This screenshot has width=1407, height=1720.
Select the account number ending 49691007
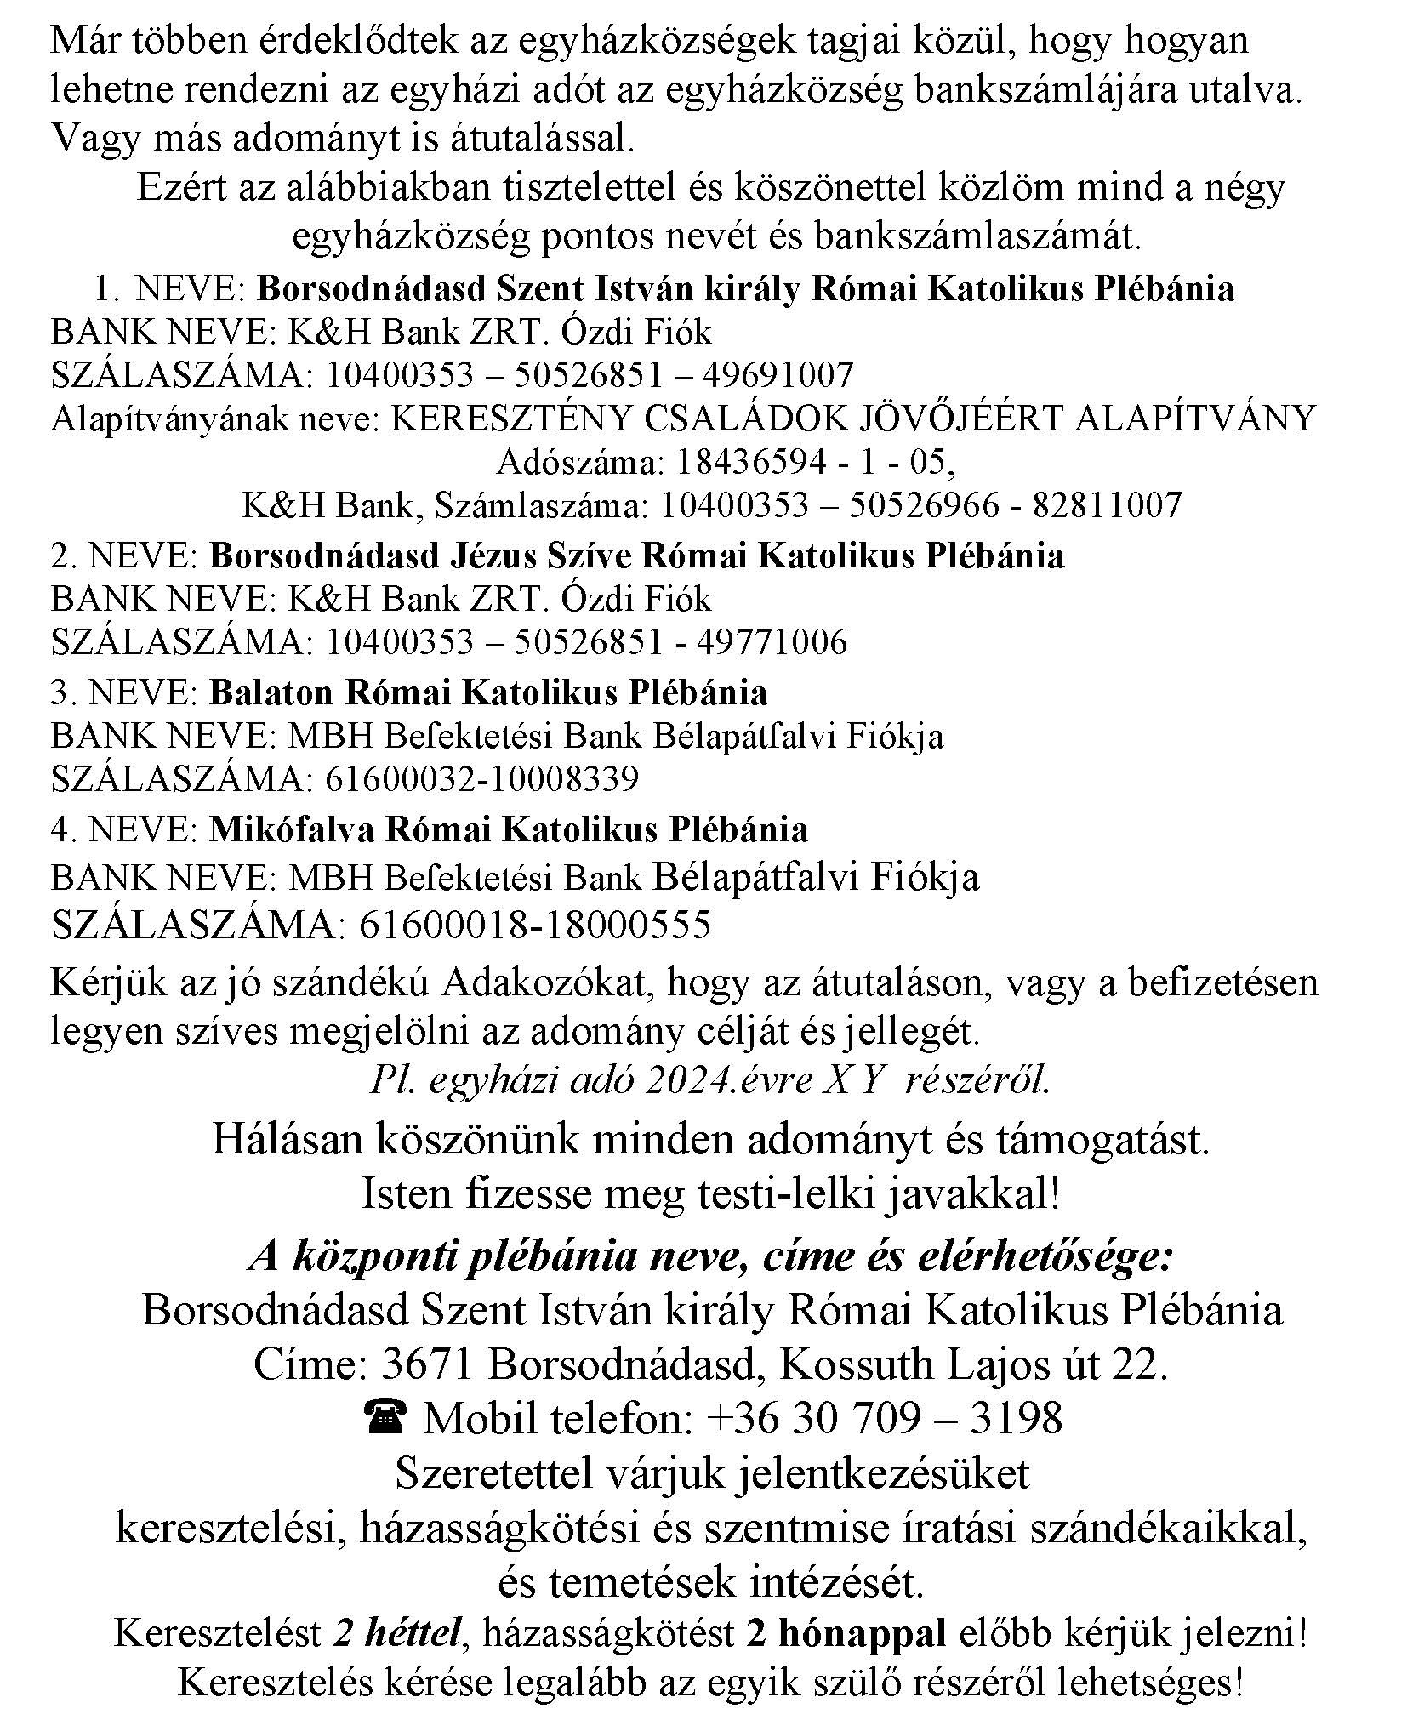point(590,375)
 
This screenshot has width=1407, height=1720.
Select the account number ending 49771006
point(587,642)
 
